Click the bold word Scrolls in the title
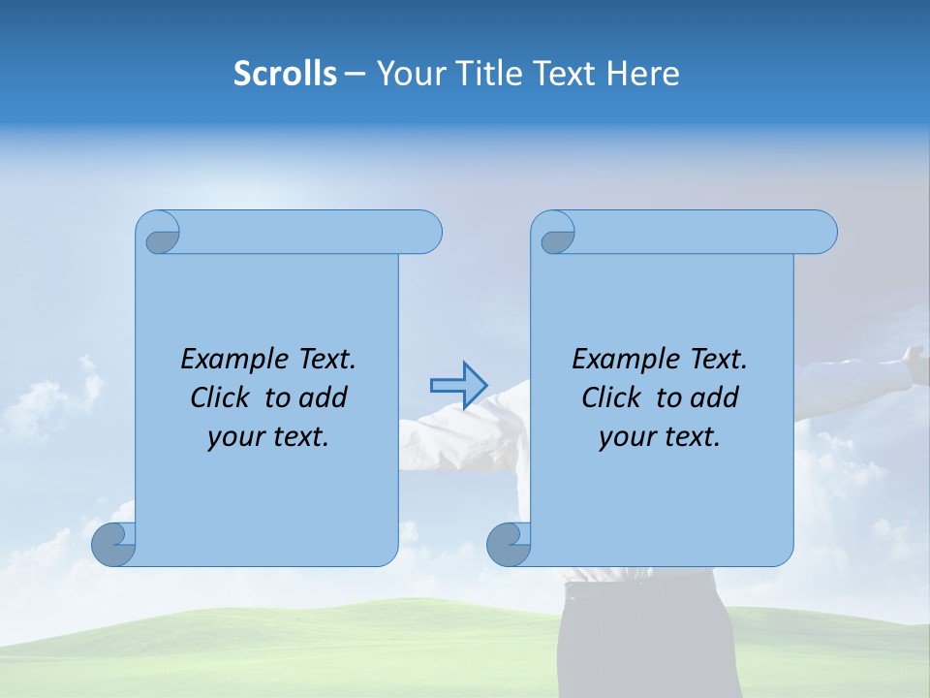[x=285, y=74]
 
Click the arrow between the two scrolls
[x=458, y=385]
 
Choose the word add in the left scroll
[x=325, y=397]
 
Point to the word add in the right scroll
[x=716, y=397]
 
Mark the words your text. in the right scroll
[x=659, y=437]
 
